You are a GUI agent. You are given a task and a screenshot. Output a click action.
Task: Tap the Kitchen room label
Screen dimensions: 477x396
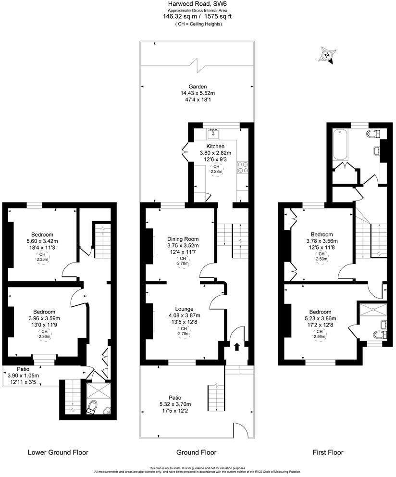(216, 146)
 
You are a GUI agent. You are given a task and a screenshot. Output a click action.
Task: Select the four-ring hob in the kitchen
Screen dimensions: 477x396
(243, 166)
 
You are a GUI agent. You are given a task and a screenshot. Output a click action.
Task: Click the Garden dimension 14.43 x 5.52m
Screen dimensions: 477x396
(198, 93)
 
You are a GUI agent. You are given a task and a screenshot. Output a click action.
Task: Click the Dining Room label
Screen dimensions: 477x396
(183, 239)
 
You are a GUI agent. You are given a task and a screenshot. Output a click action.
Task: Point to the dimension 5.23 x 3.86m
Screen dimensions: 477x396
(322, 318)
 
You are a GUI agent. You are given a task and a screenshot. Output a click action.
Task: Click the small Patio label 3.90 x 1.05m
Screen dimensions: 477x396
(23, 376)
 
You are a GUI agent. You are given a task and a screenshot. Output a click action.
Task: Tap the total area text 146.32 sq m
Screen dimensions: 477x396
(181, 16)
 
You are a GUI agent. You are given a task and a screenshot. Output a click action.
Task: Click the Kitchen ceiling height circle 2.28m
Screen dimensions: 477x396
(216, 169)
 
